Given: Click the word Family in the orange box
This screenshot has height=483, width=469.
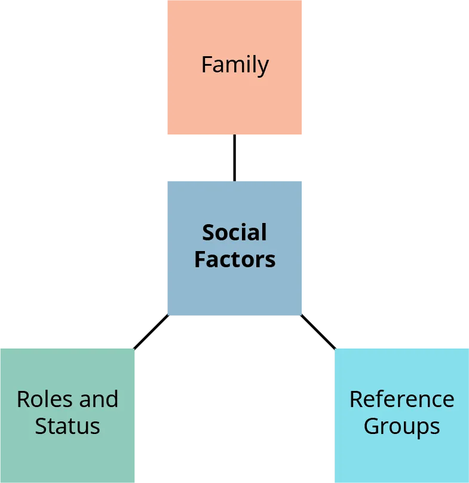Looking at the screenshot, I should click(235, 65).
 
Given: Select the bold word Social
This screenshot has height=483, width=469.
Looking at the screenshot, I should click(234, 233).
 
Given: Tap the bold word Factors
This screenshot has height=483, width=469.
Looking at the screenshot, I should click(235, 259).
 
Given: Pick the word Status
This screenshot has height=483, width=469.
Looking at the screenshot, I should click(67, 426).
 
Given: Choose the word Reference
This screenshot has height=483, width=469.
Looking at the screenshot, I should click(401, 399).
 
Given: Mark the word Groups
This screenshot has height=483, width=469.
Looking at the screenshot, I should click(401, 426).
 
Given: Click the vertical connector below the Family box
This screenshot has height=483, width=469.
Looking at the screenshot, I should click(234, 158).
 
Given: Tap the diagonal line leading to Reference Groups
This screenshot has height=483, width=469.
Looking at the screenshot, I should click(317, 331).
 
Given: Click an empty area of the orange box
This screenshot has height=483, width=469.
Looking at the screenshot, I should click(197, 114).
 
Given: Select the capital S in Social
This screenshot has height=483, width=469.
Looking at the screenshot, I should click(208, 233).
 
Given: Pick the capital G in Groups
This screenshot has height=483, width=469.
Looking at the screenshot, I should click(372, 426).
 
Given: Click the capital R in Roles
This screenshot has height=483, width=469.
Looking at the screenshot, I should click(23, 399).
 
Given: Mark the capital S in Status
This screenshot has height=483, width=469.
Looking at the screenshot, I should click(41, 426).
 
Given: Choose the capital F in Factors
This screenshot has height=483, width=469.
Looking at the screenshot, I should click(200, 259).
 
